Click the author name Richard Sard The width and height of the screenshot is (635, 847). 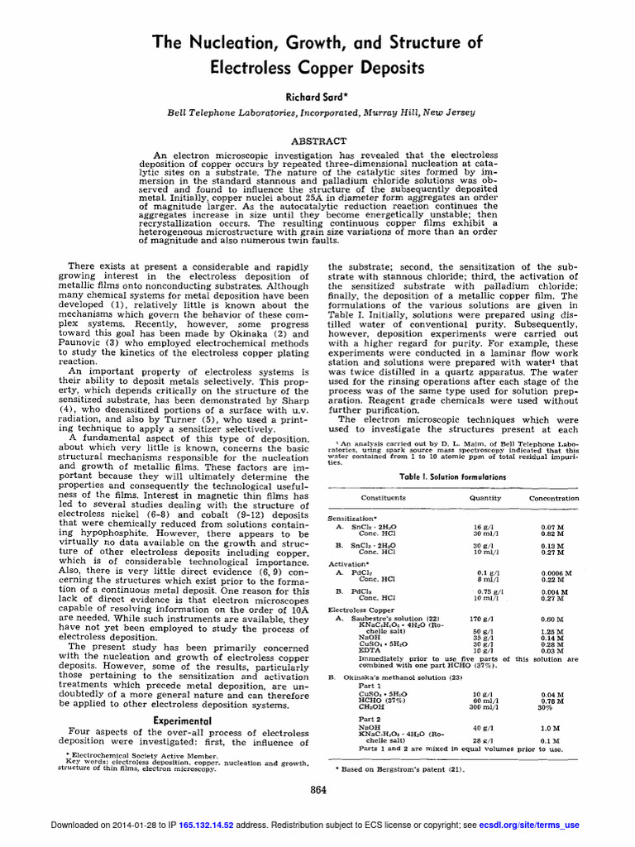tap(317, 97)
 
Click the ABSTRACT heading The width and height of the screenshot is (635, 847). tap(317, 141)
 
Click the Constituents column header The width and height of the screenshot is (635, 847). tap(383, 498)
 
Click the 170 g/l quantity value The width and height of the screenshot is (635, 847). tap(481, 619)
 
